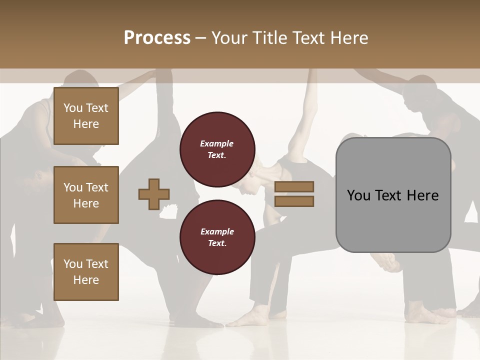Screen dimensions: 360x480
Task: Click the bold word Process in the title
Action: click(157, 38)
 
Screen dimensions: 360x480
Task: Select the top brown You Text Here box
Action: click(86, 116)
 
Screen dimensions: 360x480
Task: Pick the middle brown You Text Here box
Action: click(86, 195)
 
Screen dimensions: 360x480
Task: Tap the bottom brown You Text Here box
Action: click(86, 272)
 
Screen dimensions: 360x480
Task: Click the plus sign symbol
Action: click(154, 194)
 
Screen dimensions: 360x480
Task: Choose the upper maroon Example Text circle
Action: click(217, 149)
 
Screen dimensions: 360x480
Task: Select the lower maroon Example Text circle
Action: click(217, 237)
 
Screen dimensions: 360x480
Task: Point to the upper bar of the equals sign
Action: click(294, 186)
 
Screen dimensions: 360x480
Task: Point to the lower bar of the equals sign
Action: click(294, 201)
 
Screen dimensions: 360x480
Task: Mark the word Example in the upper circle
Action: click(217, 144)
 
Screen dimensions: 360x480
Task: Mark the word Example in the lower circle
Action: click(217, 232)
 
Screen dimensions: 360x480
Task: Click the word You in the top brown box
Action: click(72, 108)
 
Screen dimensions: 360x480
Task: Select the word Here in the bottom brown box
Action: click(86, 280)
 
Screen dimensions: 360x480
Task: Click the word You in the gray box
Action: click(358, 195)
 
